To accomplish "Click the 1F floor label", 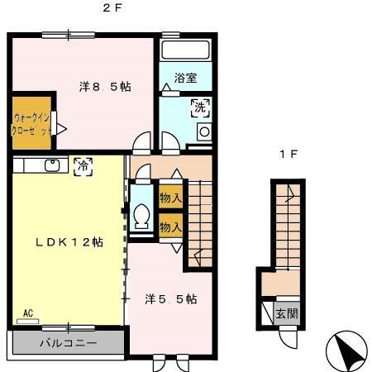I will pos(287,154).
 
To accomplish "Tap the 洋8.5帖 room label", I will pos(105,86).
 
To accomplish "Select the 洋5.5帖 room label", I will pos(171,299).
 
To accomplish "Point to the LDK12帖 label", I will pos(69,242).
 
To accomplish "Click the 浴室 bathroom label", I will pos(185,79).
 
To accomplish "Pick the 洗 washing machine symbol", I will pos(200,107).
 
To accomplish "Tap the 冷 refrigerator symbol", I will pos(83,165).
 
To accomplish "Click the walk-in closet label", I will pos(31,124).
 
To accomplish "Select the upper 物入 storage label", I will pos(171,199).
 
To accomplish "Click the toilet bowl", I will pos(141,217).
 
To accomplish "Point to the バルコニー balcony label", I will pos(69,342).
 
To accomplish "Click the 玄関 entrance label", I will pos(287,313).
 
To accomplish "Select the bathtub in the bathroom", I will pos(184,50).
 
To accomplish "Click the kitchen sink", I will pos(50,165).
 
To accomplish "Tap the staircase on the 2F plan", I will pos(198,223).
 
